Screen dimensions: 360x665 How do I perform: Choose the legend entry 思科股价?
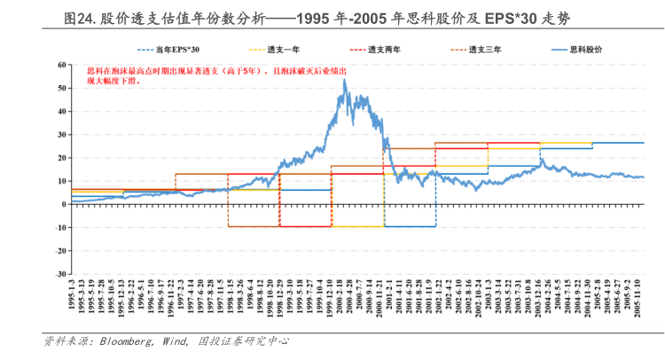click(583, 51)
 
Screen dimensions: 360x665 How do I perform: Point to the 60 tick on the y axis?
click(61, 65)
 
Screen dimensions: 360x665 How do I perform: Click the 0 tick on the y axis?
click(64, 204)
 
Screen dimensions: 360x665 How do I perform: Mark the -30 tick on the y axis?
click(59, 274)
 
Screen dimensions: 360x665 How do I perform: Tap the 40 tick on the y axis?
click(61, 111)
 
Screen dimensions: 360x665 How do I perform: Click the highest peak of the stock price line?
click(344, 80)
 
